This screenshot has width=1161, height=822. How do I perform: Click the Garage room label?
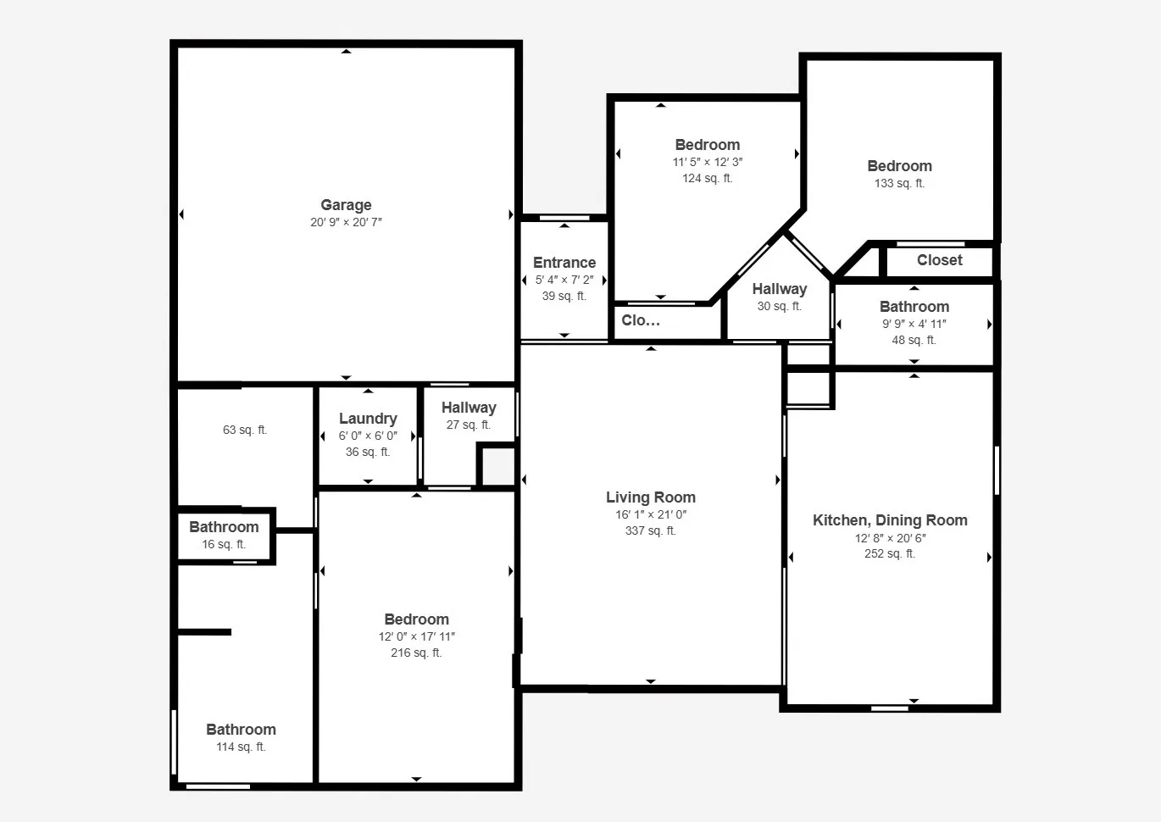pos(346,205)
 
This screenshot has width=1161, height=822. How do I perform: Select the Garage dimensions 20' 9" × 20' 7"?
pos(346,222)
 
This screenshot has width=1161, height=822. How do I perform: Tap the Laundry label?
pos(368,419)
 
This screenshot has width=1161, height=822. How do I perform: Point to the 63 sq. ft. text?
pos(245,430)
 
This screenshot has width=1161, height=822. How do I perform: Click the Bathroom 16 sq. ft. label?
pos(224,527)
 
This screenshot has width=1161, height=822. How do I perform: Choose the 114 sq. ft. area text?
pos(241,747)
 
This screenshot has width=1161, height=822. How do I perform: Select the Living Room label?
pos(650,497)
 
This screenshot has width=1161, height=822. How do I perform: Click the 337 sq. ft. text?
pos(650,530)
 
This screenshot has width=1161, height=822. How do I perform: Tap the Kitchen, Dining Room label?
pos(890,520)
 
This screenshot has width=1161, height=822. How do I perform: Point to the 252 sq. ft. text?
pos(890,553)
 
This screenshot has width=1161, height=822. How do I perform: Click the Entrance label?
pos(564,263)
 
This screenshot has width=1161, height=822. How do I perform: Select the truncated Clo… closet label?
pos(641,320)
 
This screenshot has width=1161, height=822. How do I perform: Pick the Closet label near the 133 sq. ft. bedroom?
pos(939,260)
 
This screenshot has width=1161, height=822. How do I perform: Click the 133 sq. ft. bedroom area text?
pos(899,183)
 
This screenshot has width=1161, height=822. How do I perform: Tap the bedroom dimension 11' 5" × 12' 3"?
pos(708,162)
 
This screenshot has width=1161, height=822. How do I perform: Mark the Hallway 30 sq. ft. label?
pos(779,289)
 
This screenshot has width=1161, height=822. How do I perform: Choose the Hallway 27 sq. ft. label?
pos(469,408)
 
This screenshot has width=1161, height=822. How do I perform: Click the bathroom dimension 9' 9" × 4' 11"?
pos(914,323)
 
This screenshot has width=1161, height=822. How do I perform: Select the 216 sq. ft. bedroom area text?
pos(416,653)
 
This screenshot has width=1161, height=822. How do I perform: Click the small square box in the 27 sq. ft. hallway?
pos(498,465)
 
